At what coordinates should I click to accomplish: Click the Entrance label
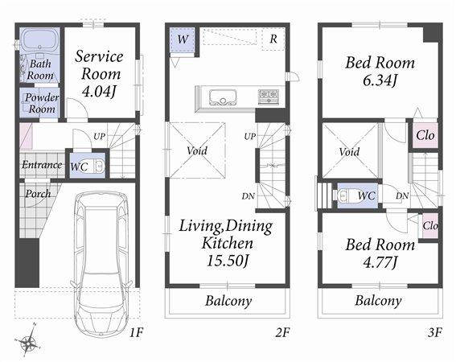(x=41, y=165)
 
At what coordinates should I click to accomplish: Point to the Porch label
(x=37, y=193)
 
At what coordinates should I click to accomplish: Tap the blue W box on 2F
(x=183, y=39)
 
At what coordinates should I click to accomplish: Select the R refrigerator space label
(x=273, y=39)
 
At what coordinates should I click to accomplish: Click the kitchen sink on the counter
(x=222, y=97)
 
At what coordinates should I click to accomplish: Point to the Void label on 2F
(x=197, y=150)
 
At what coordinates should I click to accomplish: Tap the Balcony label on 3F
(x=378, y=301)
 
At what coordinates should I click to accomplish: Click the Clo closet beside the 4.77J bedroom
(x=429, y=225)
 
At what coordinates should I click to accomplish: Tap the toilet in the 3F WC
(x=344, y=195)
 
